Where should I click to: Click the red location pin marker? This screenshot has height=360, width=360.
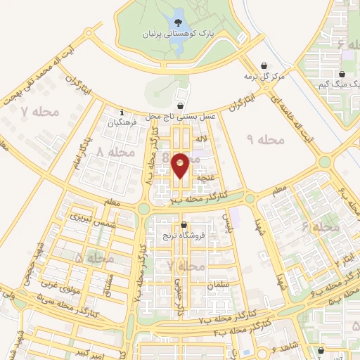(180, 165)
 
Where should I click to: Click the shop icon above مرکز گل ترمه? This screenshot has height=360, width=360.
(264, 65)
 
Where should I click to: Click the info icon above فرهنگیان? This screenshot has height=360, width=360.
(122, 111)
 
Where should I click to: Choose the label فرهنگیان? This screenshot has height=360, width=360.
(122, 122)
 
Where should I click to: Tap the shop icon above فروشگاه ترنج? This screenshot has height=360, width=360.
(184, 225)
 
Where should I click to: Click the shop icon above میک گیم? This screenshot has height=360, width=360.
(342, 74)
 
